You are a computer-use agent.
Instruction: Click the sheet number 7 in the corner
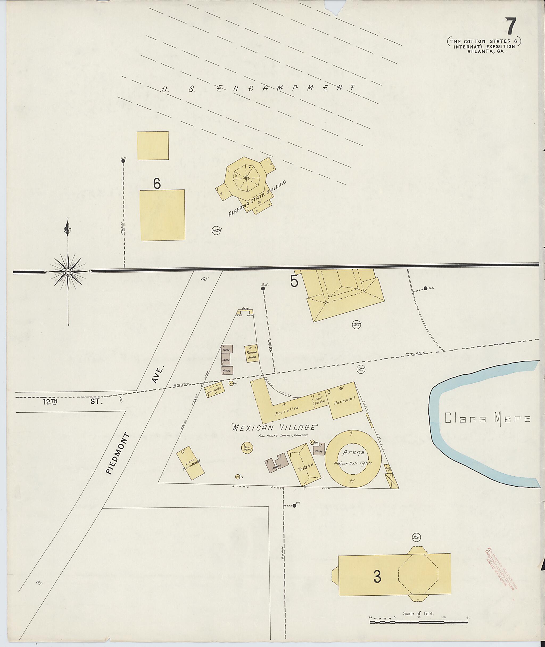[x=511, y=27]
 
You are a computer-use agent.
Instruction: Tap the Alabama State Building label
[x=257, y=198]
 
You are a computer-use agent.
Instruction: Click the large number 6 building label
[x=157, y=184]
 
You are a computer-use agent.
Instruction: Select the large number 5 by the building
[x=294, y=281]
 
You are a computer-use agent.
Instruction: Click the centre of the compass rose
[x=68, y=271]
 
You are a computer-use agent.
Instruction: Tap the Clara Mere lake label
[x=488, y=419]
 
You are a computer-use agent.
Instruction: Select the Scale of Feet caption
[x=418, y=613]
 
